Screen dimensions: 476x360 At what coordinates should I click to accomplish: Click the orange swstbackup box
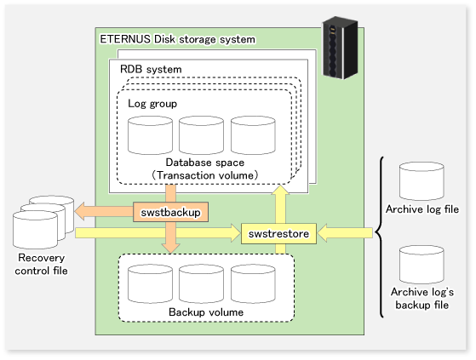pos(170,212)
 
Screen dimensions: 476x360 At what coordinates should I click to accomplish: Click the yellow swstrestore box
pos(278,233)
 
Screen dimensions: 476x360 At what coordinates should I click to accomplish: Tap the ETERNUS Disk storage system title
pos(178,39)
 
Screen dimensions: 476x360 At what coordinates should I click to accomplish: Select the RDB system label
pos(151,69)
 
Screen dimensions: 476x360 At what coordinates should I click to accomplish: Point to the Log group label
pos(152,104)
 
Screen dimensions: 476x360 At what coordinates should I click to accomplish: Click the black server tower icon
pos(340,48)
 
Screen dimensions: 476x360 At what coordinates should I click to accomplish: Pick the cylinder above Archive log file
pos(422,181)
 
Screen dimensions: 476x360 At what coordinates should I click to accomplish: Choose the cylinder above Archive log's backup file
pos(422,265)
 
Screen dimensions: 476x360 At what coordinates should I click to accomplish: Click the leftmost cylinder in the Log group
pos(150,135)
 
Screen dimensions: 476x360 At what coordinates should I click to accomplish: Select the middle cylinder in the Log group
pos(201,135)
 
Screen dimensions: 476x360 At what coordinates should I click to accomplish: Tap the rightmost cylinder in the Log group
pos(253,135)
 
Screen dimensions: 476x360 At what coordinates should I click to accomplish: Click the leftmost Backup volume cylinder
pos(150,283)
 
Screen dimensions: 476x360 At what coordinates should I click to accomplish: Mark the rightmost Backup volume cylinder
pos(253,283)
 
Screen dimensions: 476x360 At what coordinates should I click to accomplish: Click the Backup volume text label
pos(206,312)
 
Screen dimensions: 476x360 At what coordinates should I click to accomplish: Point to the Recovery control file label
pos(41,264)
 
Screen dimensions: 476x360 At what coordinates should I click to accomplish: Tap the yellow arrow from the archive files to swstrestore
pos(345,233)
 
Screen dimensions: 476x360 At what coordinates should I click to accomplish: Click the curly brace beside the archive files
pos(380,237)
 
